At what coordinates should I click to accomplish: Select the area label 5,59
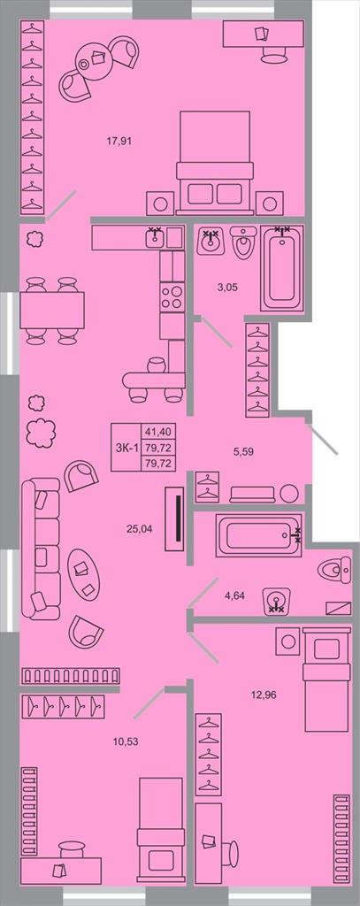pyautogui.click(x=242, y=452)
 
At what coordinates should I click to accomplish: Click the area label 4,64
pyautogui.click(x=234, y=594)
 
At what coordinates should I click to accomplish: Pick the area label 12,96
pyautogui.click(x=264, y=695)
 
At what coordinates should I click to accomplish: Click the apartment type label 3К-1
pyautogui.click(x=126, y=447)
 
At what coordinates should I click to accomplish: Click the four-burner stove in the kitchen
pyautogui.click(x=172, y=297)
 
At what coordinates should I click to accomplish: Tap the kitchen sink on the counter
pyautogui.click(x=155, y=237)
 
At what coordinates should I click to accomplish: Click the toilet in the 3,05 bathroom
pyautogui.click(x=243, y=242)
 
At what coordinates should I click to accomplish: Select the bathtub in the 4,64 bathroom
pyautogui.click(x=259, y=535)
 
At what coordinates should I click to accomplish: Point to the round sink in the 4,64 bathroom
pyautogui.click(x=277, y=601)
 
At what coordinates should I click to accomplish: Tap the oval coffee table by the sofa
pyautogui.click(x=84, y=573)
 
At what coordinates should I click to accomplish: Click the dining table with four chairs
pyautogui.click(x=52, y=311)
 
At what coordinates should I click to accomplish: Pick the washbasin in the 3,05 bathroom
pyautogui.click(x=211, y=242)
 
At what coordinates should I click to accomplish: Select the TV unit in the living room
pyautogui.click(x=175, y=518)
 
